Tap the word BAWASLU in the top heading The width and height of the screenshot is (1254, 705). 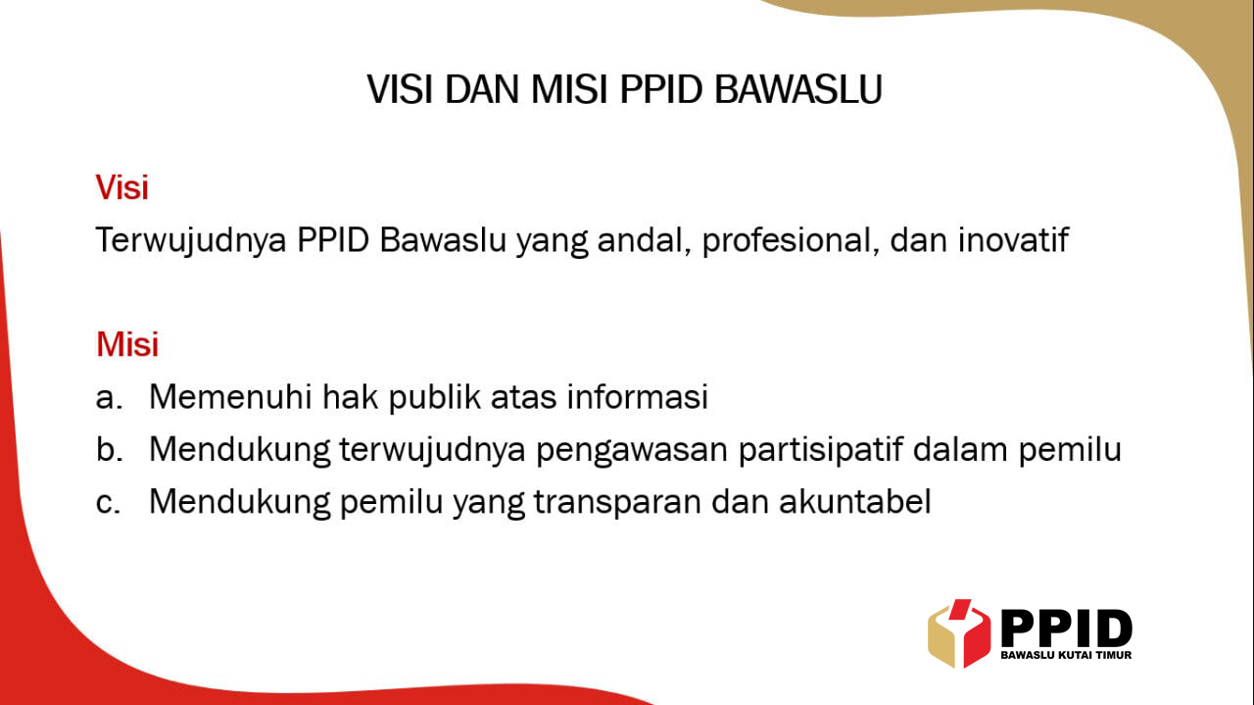pos(798,89)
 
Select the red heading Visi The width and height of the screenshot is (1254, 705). pos(121,186)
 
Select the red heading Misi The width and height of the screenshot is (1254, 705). pos(126,344)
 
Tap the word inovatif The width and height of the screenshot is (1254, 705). pos(1013,240)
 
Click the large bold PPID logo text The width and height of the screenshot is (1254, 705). pos(1066,629)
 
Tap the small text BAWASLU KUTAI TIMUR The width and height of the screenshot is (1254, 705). pos(1066,655)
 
